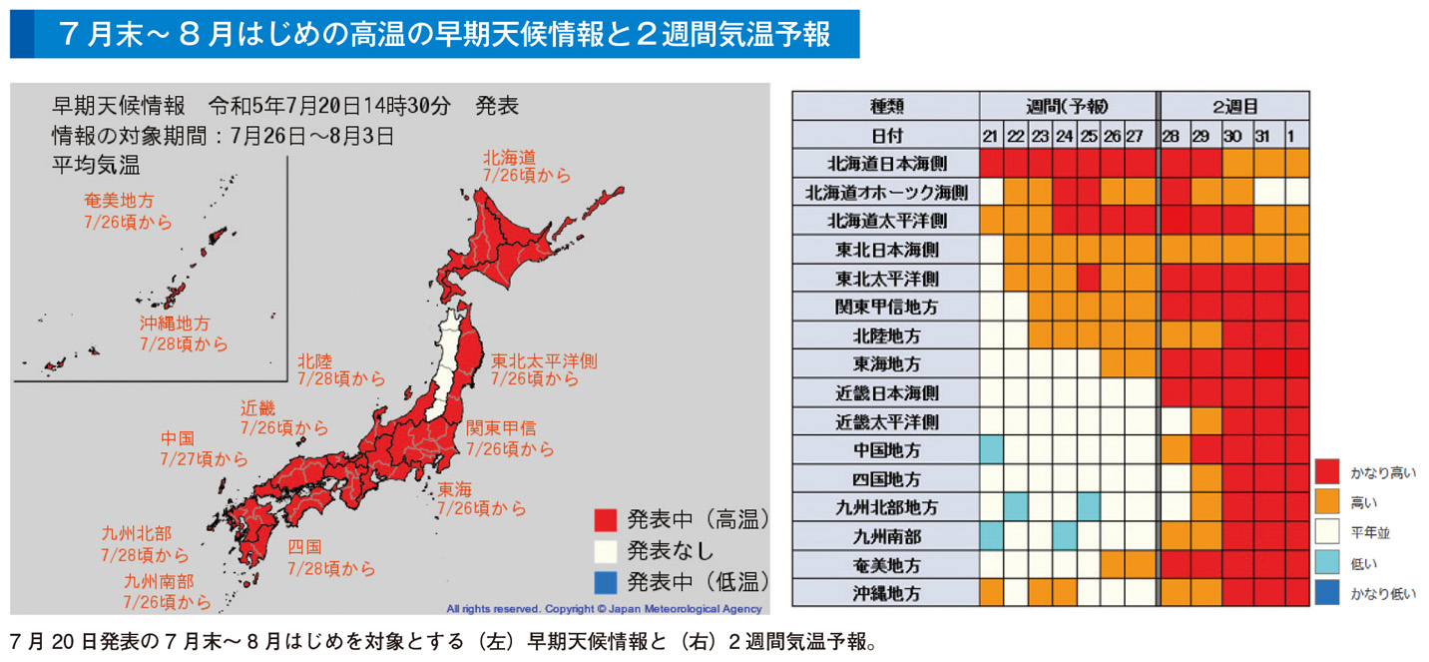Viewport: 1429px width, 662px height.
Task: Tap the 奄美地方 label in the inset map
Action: (x=128, y=211)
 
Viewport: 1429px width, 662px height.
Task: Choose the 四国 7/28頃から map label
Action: (x=330, y=557)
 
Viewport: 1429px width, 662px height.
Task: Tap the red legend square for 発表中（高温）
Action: (x=606, y=519)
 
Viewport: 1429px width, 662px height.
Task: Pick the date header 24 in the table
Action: (x=1064, y=134)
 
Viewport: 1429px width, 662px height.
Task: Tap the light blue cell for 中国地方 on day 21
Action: (x=992, y=449)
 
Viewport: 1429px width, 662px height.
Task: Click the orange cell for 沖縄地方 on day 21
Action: (x=992, y=593)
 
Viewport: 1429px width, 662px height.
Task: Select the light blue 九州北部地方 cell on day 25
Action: (x=1089, y=506)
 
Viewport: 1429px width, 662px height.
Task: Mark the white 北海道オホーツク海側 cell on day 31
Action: (x=1268, y=191)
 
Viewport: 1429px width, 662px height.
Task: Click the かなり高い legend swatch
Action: (x=1326, y=471)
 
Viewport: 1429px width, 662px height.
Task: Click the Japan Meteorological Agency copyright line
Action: (x=604, y=608)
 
